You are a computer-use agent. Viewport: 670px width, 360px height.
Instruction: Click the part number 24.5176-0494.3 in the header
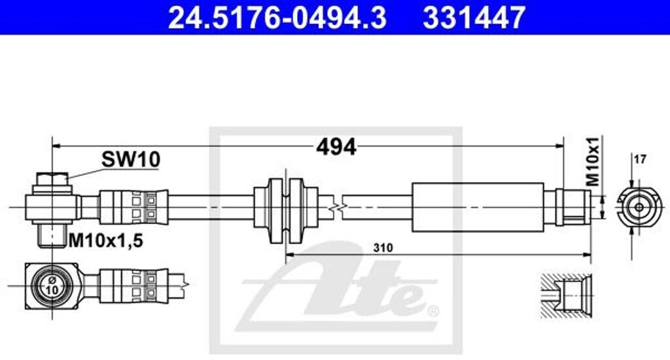pos(277,18)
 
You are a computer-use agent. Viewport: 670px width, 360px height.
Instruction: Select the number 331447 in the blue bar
pos(474,18)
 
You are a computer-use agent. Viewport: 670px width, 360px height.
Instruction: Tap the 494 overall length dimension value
pos(336,147)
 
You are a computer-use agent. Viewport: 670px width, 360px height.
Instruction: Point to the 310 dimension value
pos(383,247)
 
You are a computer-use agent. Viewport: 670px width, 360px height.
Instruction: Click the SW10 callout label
pos(131,160)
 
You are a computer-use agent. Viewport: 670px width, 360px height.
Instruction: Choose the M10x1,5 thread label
pos(105,241)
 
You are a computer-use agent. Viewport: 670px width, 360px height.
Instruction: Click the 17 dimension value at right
pos(640,160)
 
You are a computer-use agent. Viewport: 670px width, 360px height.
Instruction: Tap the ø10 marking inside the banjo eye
pos(52,285)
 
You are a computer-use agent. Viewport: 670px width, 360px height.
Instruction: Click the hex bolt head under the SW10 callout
pos(52,179)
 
